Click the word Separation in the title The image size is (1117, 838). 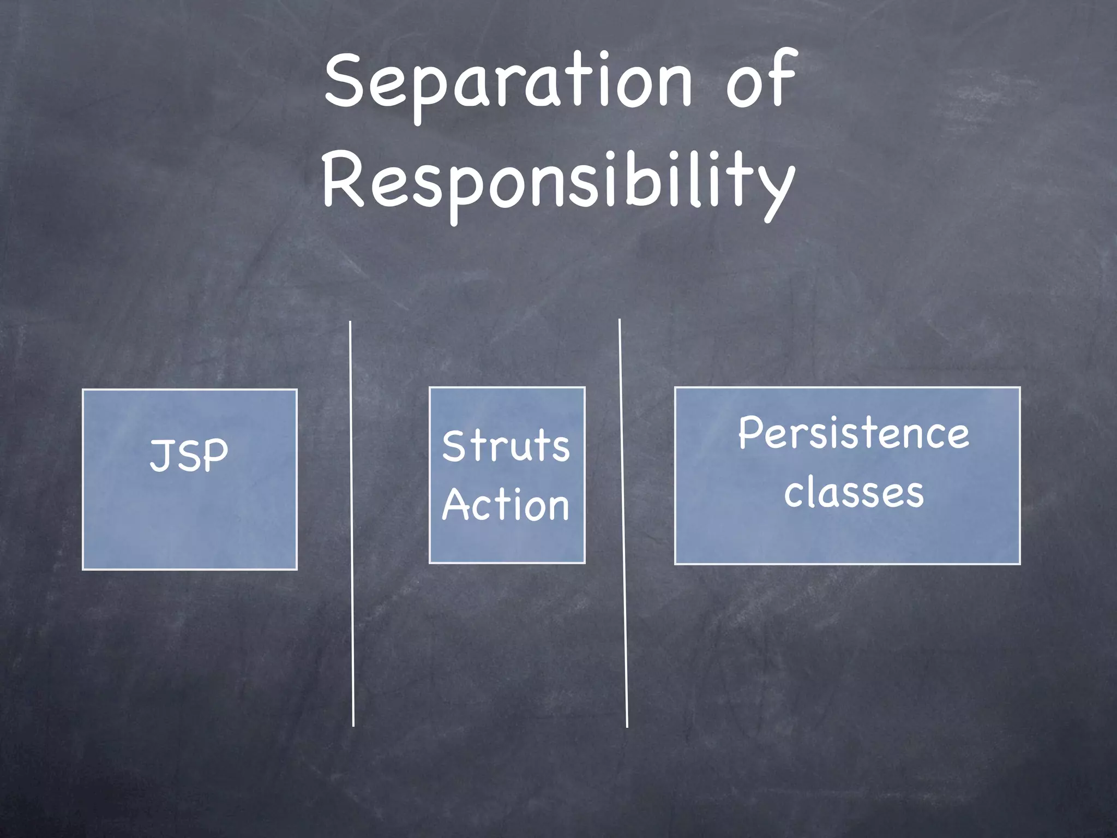pos(507,82)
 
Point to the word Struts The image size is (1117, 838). pos(506,446)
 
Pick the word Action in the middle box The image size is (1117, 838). pos(506,505)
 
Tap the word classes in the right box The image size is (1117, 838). pos(854,492)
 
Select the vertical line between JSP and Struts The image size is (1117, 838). pos(352,524)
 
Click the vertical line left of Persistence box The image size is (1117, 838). pos(623,524)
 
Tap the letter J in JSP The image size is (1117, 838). pos(160,455)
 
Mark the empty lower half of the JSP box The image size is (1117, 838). pos(189,524)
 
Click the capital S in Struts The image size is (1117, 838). pos(454,446)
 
